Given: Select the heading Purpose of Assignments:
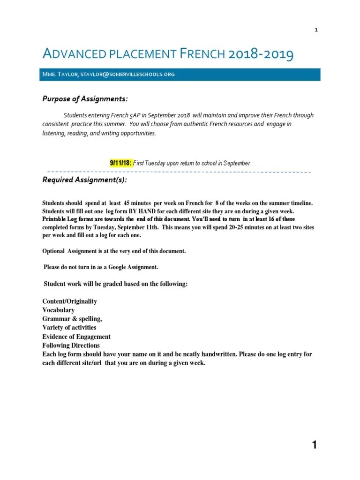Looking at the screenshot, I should (x=85, y=98).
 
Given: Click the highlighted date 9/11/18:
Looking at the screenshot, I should (x=121, y=163).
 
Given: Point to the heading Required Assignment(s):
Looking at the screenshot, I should (x=84, y=180).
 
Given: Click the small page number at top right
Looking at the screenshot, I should (x=316, y=30).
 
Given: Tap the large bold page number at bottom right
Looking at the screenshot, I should (x=315, y=445).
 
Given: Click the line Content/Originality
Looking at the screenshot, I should (x=70, y=301).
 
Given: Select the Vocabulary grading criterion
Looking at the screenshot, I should (x=59, y=310).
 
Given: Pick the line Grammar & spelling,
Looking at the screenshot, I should (x=72, y=319).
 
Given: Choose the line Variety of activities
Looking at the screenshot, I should (x=69, y=328).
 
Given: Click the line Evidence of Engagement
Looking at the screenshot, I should (x=76, y=337).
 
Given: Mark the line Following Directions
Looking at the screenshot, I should (x=71, y=345).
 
